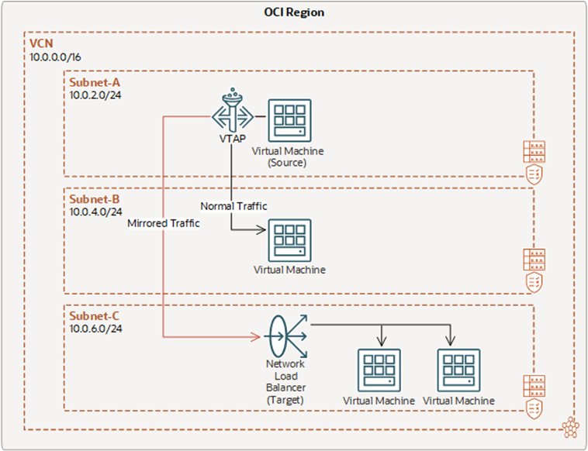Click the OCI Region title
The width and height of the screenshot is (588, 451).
(293, 12)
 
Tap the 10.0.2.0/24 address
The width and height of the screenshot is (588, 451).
(96, 95)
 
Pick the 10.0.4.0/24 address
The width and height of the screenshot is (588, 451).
(96, 211)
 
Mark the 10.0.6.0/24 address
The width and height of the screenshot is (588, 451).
(96, 329)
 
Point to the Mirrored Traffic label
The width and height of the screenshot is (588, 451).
(164, 223)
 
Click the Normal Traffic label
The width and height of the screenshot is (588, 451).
(233, 206)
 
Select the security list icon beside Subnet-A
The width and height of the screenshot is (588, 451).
(534, 150)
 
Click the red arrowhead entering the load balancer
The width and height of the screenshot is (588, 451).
(253, 337)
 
